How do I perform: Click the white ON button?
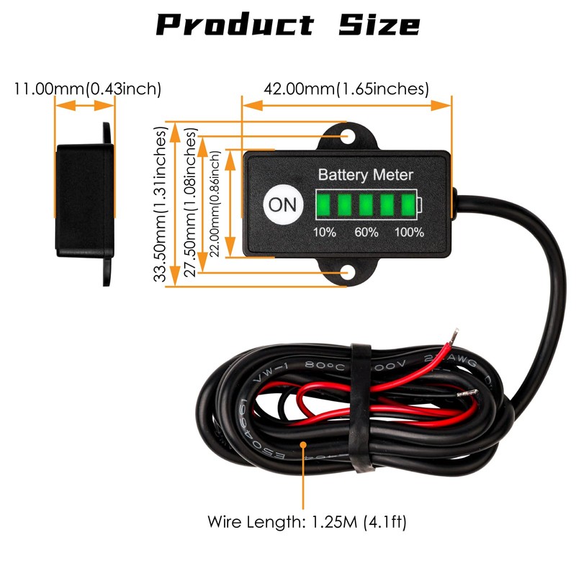pos(282,204)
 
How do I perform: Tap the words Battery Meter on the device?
pos(366,174)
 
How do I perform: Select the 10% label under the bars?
pos(324,233)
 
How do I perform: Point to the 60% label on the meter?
pos(366,233)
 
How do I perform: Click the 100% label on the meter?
pos(409,233)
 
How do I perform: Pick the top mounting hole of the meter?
pos(348,136)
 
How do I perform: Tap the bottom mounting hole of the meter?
pos(348,274)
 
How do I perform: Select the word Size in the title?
pos(379,25)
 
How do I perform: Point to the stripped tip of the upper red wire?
pos(453,336)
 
